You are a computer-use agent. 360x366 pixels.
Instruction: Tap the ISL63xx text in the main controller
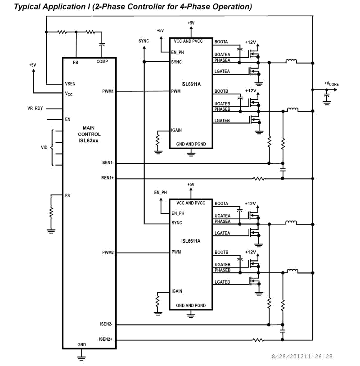tap(89, 140)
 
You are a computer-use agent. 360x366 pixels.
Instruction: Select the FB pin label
tap(76, 62)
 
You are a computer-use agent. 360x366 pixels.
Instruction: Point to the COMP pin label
tap(102, 62)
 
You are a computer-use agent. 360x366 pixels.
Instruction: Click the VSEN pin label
tap(70, 84)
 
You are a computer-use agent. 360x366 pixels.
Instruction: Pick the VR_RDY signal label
tap(35, 108)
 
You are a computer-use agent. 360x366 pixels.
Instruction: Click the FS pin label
tap(67, 196)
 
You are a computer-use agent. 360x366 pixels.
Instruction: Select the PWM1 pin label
tap(108, 91)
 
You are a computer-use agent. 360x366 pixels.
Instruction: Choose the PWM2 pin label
tap(108, 253)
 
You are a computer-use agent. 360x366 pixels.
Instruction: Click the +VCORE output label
tap(332, 84)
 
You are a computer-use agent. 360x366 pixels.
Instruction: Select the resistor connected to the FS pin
tap(51, 212)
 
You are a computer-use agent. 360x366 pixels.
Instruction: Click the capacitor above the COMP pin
tap(102, 45)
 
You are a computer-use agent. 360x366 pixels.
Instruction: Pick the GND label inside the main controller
tap(81, 344)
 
